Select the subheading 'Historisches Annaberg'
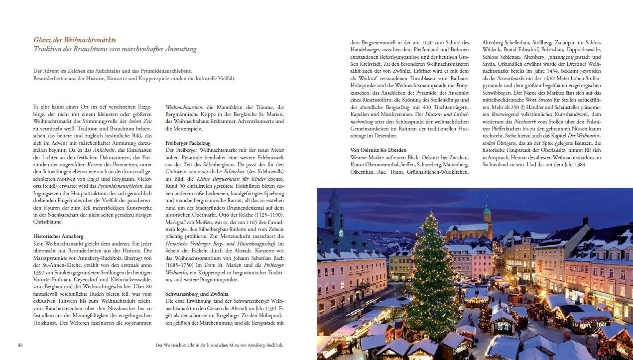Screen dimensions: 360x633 pyautogui.click(x=58, y=236)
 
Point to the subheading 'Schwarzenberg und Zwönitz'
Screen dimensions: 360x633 pyautogui.click(x=197, y=294)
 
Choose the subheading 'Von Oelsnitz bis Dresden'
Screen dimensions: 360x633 pyautogui.click(x=379, y=150)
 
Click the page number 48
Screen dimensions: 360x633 pyautogui.click(x=20, y=345)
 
